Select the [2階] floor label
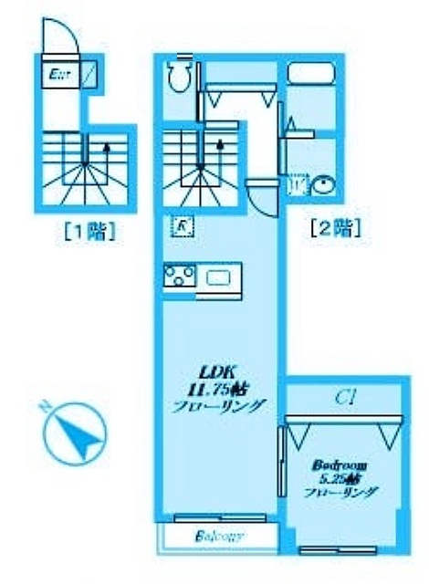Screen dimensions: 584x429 coord(335,226)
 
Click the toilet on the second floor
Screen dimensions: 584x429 coord(180,77)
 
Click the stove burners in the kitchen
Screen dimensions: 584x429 coord(179,276)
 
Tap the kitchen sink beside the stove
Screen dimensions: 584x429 coord(220,277)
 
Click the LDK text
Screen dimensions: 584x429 coord(219,371)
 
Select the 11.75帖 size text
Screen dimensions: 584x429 coord(222,389)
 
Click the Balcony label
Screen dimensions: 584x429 coord(219,537)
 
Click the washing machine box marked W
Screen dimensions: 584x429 coord(298,185)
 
